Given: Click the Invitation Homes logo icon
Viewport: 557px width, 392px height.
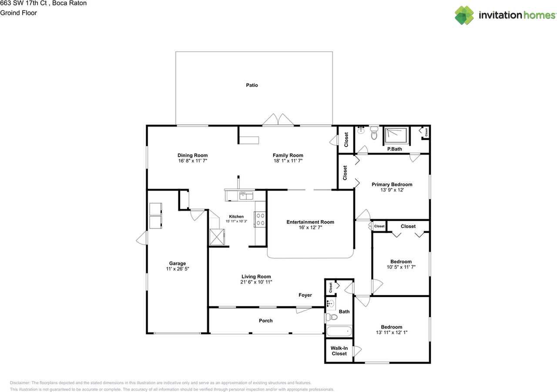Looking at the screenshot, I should tap(465, 15).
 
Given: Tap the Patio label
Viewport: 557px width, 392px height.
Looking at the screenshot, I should tap(252, 85).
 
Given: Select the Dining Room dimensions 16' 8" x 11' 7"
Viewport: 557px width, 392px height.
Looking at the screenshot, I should tap(192, 161).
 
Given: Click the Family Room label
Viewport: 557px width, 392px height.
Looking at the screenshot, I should tap(288, 155).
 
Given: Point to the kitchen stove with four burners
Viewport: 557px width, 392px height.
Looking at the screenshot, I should tap(261, 219).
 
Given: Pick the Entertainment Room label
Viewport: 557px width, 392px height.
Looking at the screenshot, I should tap(310, 222).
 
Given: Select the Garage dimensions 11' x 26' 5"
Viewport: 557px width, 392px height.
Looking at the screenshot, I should tap(178, 269).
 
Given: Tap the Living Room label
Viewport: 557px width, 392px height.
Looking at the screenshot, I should tap(256, 276).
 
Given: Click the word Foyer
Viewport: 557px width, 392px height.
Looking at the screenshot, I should tap(305, 295).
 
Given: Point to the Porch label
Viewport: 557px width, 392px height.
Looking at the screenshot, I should tap(265, 321).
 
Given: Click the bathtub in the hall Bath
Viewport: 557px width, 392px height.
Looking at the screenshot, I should tap(339, 332).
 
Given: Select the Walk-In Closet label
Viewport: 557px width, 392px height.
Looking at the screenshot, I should tap(339, 351).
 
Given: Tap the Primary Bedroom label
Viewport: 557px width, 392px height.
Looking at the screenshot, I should tap(392, 184).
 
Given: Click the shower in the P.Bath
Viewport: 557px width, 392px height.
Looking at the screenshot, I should tap(396, 135).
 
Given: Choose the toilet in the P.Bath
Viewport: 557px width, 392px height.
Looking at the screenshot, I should tap(374, 134).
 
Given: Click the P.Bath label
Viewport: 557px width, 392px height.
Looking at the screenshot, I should tap(394, 149).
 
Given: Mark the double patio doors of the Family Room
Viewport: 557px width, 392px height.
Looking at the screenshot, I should tap(276, 120).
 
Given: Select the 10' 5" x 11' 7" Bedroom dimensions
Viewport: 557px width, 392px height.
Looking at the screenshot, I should tap(400, 267).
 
